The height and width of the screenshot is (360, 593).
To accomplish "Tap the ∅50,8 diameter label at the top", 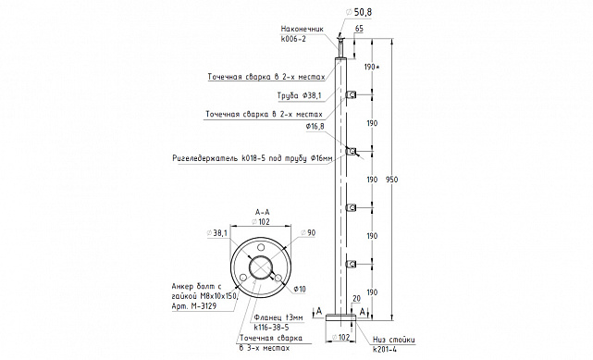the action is pyautogui.click(x=359, y=12).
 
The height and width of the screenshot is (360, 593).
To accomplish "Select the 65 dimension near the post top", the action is pyautogui.click(x=359, y=29).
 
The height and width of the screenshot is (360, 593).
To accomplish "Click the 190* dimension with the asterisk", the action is pyautogui.click(x=372, y=67).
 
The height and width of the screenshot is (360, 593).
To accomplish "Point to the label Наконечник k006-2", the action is pyautogui.click(x=303, y=33).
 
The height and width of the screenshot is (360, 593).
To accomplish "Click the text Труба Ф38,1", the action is pyautogui.click(x=299, y=95).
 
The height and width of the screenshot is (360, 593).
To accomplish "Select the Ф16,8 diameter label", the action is pyautogui.click(x=315, y=127).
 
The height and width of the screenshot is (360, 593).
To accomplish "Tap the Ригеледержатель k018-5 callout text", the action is pyautogui.click(x=253, y=158).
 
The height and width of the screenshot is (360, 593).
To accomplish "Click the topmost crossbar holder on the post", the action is pyautogui.click(x=351, y=95).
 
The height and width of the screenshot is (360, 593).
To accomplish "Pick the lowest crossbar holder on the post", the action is pyautogui.click(x=351, y=264).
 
